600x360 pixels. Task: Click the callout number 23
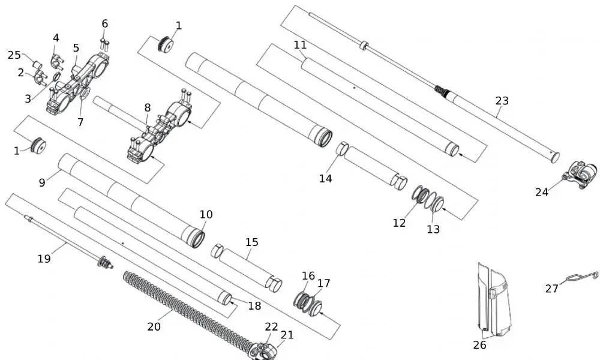502,101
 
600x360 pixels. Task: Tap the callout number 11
300,45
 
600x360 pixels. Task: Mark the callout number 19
44,259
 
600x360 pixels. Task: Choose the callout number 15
251,242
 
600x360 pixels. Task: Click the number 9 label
42,182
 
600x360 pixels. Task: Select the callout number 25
14,55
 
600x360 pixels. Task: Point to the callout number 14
325,178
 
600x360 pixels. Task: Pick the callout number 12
399,223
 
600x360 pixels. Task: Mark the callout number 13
433,229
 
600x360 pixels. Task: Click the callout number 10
206,214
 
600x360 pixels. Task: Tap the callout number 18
254,305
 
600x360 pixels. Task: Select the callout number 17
323,283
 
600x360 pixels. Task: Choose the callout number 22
272,326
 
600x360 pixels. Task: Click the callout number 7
80,122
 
